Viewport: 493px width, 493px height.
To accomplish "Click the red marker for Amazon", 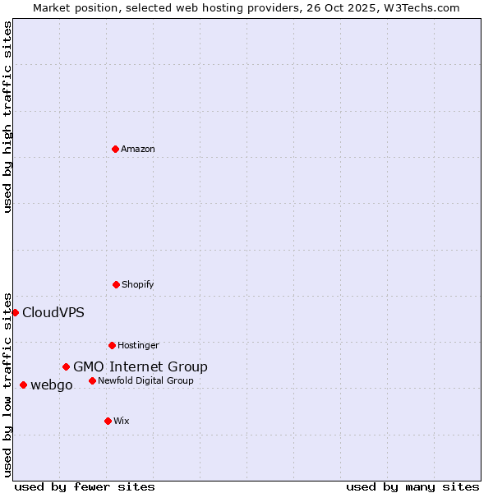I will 115,149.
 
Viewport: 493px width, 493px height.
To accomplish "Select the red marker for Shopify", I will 116,284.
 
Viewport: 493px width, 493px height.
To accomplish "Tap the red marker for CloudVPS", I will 15,312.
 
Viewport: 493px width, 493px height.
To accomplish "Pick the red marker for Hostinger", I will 112,345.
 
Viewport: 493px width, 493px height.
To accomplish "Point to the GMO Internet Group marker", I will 66,366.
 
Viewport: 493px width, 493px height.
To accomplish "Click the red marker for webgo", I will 23,385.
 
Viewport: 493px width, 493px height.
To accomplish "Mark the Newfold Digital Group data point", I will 92,380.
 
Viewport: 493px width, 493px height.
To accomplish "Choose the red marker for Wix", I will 108,421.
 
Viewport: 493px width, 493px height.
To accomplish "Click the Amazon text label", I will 138,149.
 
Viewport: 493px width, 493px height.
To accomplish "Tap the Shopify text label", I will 138,284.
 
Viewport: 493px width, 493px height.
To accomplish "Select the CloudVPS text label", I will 53,312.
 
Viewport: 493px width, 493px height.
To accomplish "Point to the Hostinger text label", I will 138,345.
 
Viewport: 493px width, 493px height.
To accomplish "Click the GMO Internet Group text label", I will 141,366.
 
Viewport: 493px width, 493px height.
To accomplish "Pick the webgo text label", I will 52,385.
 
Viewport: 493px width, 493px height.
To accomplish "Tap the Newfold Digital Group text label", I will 146,380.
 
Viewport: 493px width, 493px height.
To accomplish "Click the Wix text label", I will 122,421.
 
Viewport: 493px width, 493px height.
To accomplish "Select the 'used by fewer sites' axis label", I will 85,486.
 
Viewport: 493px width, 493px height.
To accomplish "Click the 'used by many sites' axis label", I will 412,486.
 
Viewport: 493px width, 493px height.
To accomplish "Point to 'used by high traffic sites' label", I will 7,117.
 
